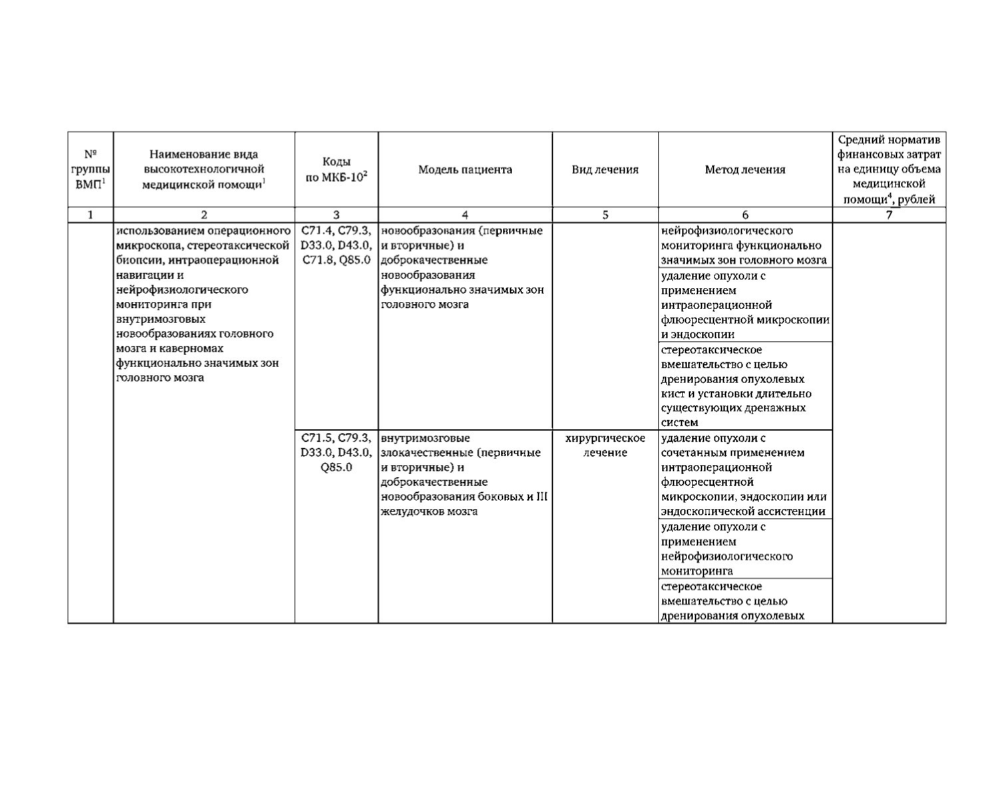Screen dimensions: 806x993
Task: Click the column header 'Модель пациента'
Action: pyautogui.click(x=465, y=170)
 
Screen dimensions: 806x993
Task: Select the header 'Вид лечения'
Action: pyautogui.click(x=605, y=170)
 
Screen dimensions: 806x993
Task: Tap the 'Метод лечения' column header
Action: pyautogui.click(x=745, y=170)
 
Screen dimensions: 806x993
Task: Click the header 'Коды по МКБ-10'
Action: pyautogui.click(x=336, y=170)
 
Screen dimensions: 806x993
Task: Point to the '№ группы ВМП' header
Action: pyautogui.click(x=91, y=170)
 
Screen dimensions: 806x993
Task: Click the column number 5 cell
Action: pyautogui.click(x=605, y=215)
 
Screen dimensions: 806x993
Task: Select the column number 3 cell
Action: pyautogui.click(x=336, y=215)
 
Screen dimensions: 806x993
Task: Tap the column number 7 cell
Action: pyautogui.click(x=889, y=215)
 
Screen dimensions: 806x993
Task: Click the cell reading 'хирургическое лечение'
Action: pyautogui.click(x=605, y=445)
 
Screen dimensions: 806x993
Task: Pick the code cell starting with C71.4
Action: pyautogui.click(x=336, y=245)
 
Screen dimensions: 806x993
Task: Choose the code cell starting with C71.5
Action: pyautogui.click(x=336, y=453)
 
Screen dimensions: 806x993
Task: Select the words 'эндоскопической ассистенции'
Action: pyautogui.click(x=743, y=512)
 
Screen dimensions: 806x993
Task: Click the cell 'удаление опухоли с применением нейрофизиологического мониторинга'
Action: pyautogui.click(x=745, y=548)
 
